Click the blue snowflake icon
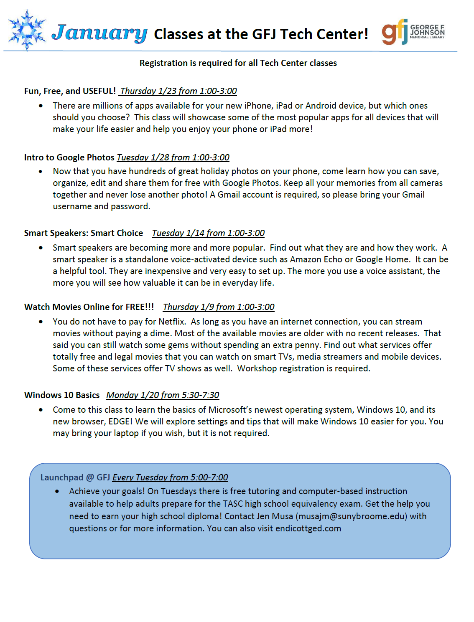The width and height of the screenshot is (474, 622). click(x=27, y=30)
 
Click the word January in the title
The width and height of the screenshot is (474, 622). click(x=99, y=33)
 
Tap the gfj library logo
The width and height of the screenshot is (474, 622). click(x=413, y=32)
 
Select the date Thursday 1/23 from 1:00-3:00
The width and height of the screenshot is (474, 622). click(x=178, y=91)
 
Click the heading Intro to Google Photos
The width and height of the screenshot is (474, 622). click(x=69, y=157)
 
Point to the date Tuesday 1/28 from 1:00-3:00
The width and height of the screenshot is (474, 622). click(x=173, y=157)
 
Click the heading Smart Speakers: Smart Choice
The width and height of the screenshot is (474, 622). click(x=84, y=233)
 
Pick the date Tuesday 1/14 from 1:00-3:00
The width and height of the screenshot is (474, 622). click(x=208, y=233)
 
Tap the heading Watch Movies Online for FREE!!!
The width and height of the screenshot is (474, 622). click(x=89, y=307)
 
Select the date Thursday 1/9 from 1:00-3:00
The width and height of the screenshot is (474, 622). click(x=219, y=307)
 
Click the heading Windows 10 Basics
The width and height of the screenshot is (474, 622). click(x=62, y=395)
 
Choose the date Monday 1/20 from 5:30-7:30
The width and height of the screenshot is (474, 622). click(x=163, y=395)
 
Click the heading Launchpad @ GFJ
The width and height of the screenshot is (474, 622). click(x=75, y=477)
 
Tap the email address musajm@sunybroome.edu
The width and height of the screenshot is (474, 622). click(x=351, y=516)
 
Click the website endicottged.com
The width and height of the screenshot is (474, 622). click(x=308, y=528)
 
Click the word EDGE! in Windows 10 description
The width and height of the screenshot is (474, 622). click(x=120, y=421)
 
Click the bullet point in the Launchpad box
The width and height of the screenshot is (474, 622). click(x=57, y=491)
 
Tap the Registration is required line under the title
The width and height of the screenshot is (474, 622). click(x=238, y=63)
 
